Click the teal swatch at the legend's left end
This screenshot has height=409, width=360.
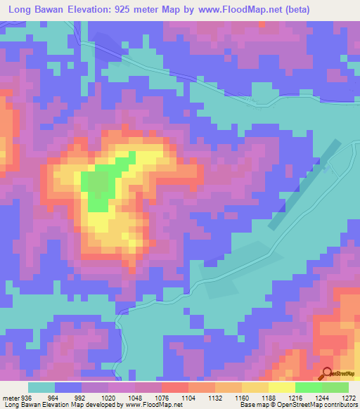coord(41,387)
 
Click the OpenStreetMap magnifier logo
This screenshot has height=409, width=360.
coord(328,374)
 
